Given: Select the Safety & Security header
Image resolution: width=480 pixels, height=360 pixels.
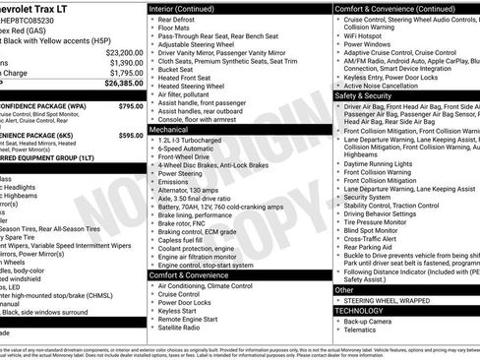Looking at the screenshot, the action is pos(363,95).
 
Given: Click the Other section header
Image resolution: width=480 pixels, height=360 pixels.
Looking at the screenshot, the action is pos(345,290).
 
